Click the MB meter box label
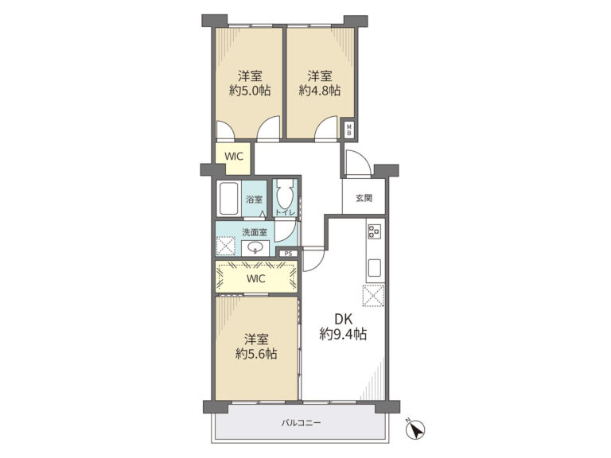point(349,130)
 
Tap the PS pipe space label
point(288,254)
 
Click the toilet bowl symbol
point(285,195)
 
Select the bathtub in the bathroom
point(229,199)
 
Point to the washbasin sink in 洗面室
point(255,248)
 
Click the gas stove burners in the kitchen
point(374,231)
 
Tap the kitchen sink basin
point(375,267)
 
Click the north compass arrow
point(416,429)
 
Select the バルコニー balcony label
point(302,422)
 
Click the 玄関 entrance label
point(364,198)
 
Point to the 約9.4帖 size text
point(343,334)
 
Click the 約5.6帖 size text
point(256,354)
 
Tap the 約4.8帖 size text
point(320,91)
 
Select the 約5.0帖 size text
point(250,91)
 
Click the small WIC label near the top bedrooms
point(234,157)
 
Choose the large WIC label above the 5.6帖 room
point(256,279)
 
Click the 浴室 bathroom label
point(254,200)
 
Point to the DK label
point(344,320)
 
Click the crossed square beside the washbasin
point(227,246)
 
